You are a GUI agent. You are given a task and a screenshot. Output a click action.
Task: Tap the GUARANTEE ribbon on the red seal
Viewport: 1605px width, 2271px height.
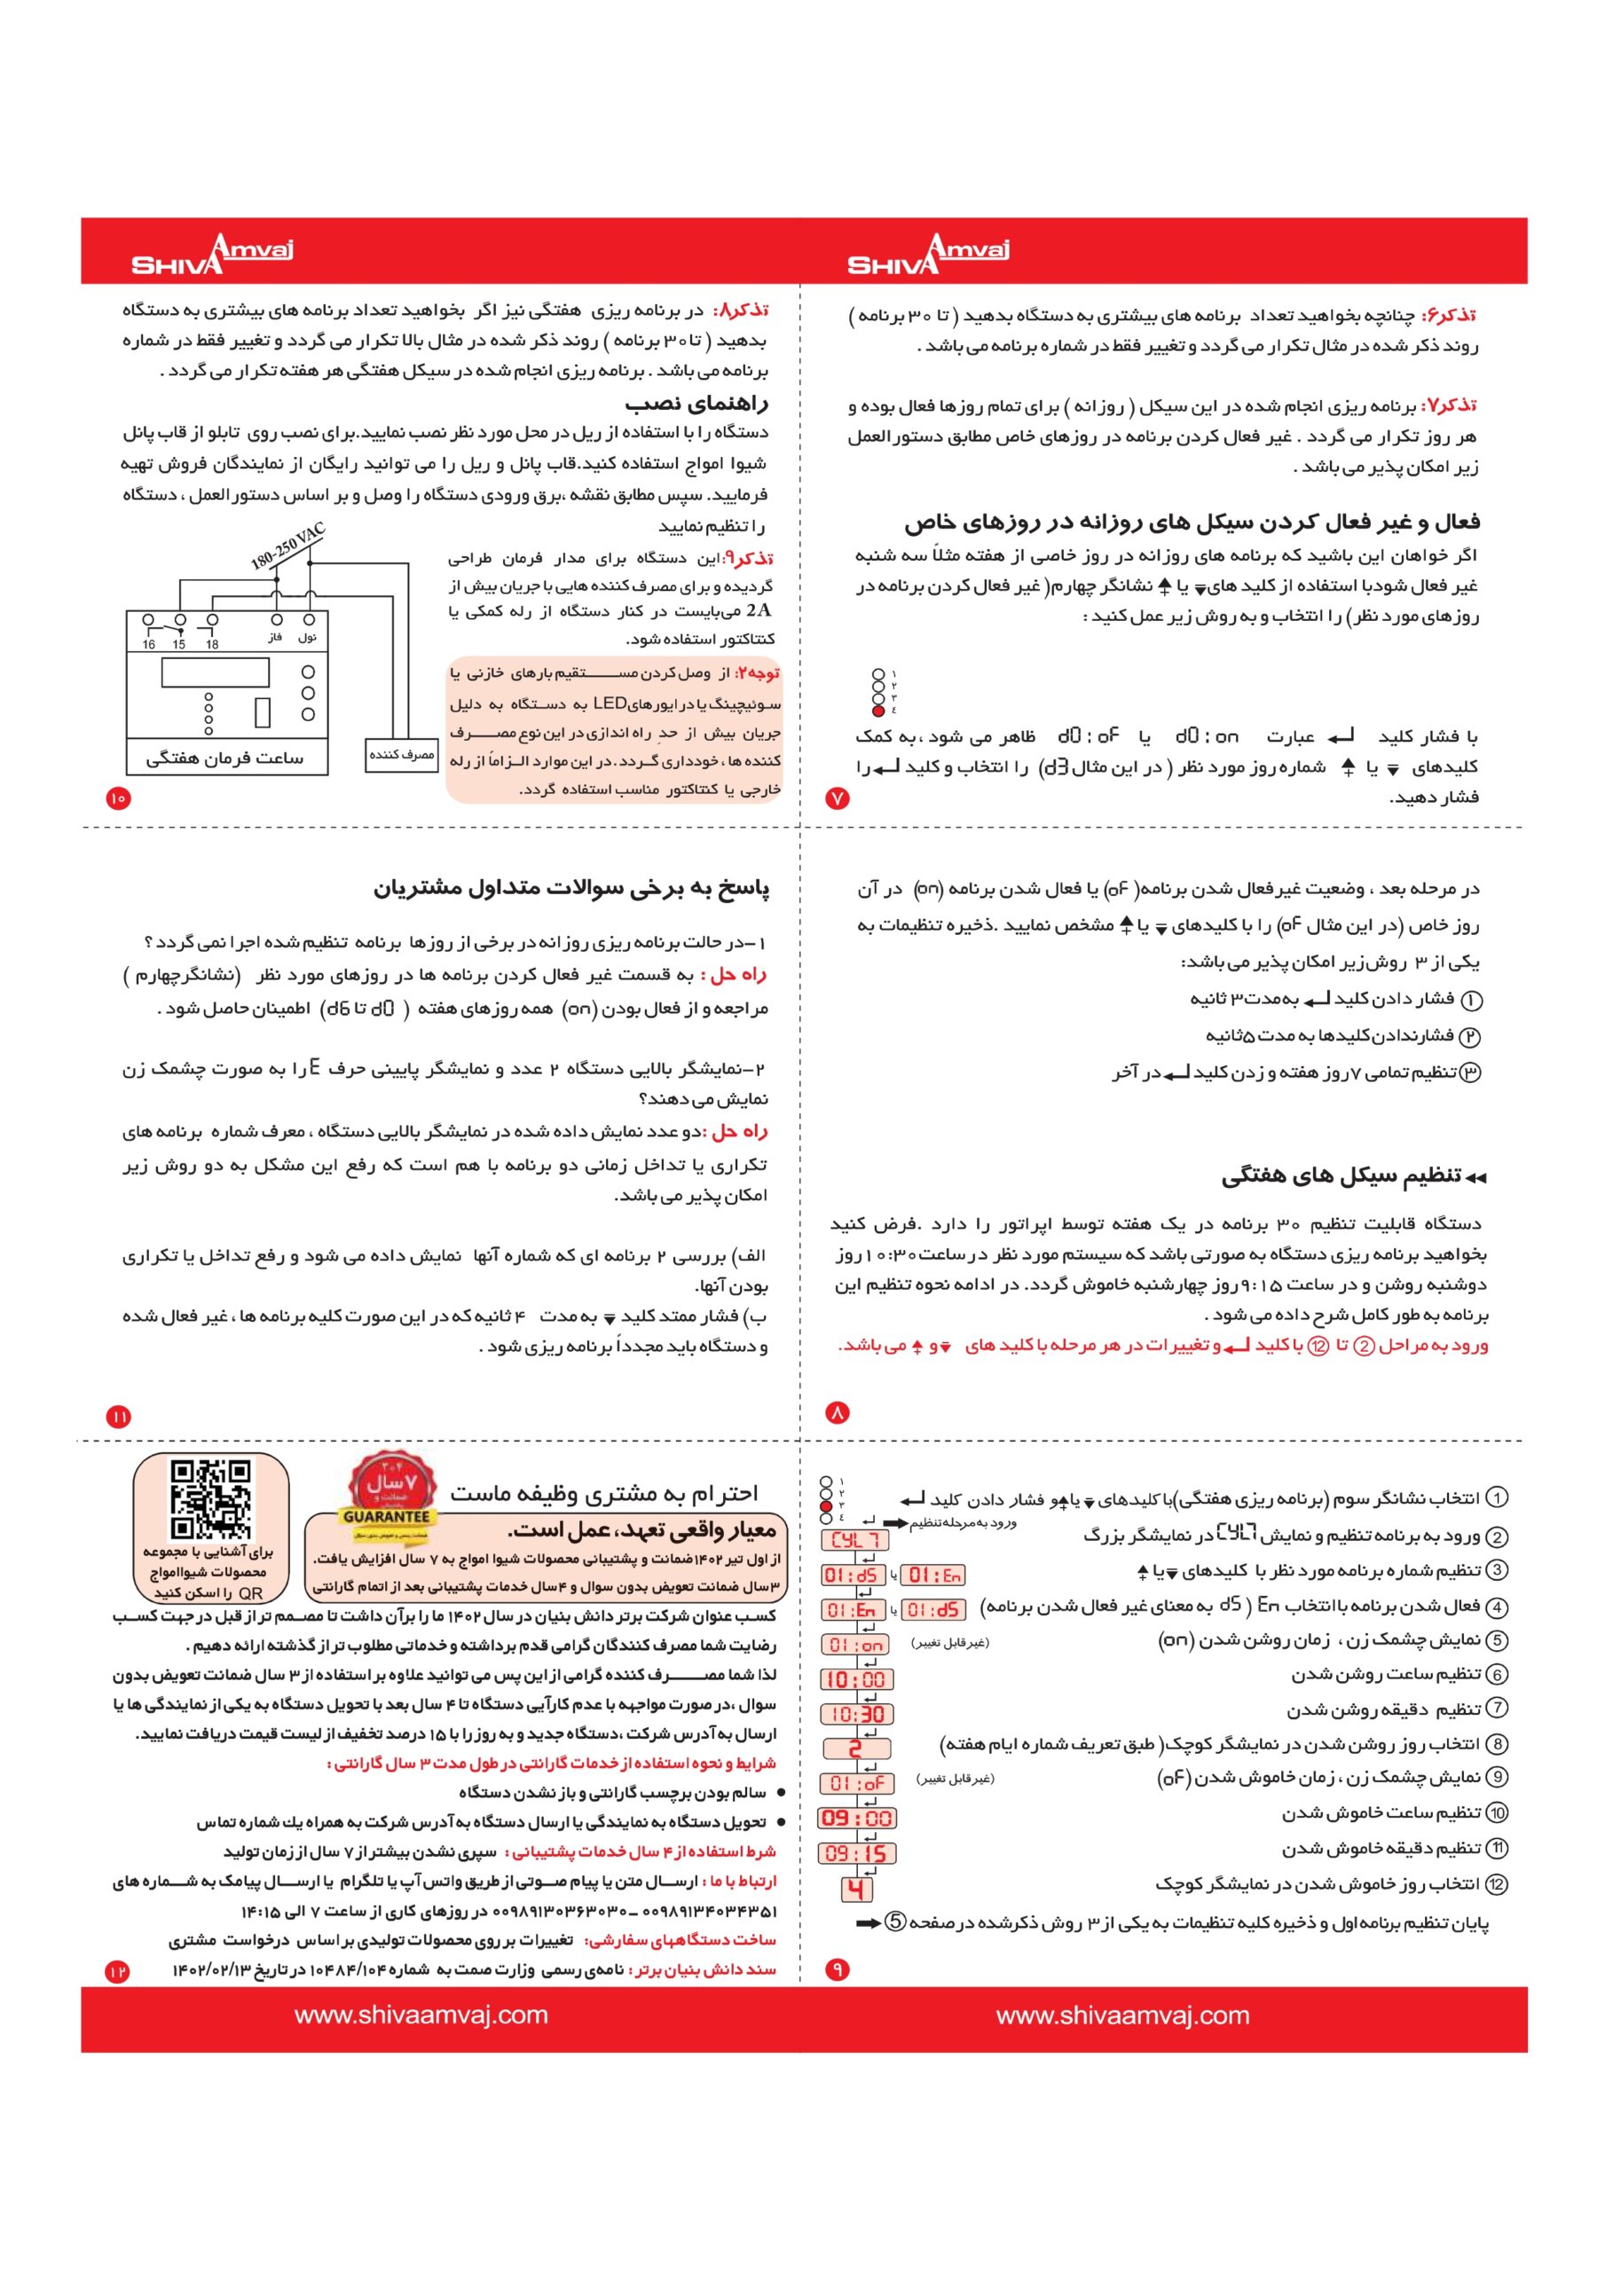(387, 1516)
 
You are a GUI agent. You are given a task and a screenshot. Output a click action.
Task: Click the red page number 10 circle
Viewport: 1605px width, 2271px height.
(118, 798)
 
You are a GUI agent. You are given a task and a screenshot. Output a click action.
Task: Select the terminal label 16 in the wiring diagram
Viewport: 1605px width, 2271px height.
(148, 644)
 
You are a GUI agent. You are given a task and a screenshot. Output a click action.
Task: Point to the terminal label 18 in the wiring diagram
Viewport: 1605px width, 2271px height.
(212, 644)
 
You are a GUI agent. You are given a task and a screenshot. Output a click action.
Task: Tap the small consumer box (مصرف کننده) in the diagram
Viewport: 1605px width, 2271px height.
(401, 755)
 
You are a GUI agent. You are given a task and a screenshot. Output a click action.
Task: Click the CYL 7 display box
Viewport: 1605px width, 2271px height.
(855, 1540)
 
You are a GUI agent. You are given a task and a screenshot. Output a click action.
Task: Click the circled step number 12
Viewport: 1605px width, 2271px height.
(1497, 1884)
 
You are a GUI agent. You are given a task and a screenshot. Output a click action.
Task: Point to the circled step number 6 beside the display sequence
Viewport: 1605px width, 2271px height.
(1497, 1675)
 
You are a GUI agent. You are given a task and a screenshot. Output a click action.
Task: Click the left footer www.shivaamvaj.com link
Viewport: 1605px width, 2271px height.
(421, 2016)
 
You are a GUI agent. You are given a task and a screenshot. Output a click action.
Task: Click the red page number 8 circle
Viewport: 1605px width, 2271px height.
(838, 1412)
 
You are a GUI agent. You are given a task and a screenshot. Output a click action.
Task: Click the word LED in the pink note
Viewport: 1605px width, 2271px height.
(610, 703)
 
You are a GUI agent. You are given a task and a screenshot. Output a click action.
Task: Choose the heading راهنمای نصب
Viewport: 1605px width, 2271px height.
(696, 404)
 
